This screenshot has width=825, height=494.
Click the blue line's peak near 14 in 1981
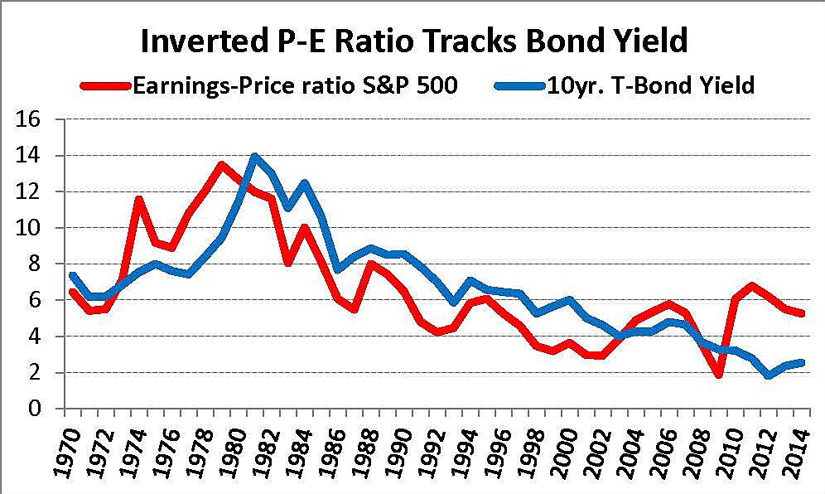(x=254, y=156)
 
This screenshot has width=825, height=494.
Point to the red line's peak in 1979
(x=221, y=164)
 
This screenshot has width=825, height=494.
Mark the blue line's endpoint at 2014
(x=802, y=362)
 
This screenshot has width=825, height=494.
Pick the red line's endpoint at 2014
(x=802, y=313)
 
